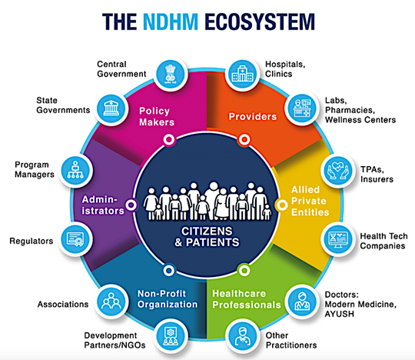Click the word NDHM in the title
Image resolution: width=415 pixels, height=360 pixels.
pos(171,22)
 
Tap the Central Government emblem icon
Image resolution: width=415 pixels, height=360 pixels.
pos(171,74)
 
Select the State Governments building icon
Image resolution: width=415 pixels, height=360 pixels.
pos(111,108)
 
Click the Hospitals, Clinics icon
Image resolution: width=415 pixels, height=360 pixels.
pos(242,74)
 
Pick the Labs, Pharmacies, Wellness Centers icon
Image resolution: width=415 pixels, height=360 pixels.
pos(302,108)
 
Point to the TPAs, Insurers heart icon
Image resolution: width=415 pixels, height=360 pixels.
pos(337,171)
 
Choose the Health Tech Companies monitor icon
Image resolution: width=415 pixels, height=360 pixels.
pos(337,239)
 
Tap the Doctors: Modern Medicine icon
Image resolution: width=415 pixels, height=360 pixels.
pos(302,302)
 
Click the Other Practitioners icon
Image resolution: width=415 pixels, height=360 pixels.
pos(242,336)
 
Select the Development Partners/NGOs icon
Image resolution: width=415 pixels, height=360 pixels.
pos(171,336)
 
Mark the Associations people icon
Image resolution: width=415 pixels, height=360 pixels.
pos(111,302)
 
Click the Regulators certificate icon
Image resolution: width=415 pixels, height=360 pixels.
pos(75,239)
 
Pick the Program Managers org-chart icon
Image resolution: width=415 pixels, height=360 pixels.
pos(75,171)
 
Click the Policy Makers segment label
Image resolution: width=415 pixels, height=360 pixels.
pos(157,117)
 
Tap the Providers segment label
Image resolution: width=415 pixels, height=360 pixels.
pos(253,117)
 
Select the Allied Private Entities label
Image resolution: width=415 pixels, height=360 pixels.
pos(310,201)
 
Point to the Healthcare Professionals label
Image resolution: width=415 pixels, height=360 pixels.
pos(247,299)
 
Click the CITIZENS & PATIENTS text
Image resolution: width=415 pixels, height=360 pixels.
pos(207,237)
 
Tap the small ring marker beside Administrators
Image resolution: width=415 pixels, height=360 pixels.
pos(131,205)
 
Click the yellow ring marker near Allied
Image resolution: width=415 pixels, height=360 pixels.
pos(282,205)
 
